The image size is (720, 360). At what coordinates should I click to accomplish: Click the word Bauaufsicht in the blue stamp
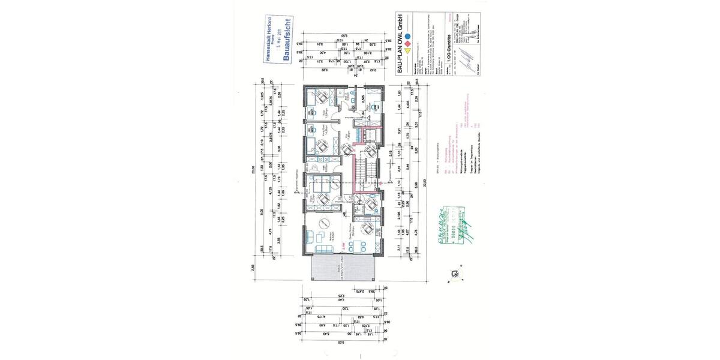click(287, 46)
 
